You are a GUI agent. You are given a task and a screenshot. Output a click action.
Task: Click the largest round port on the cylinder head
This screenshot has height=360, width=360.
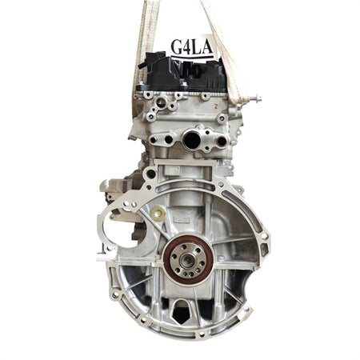point(192,140)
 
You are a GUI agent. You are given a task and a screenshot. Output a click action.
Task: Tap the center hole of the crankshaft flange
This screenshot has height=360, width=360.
point(188,258)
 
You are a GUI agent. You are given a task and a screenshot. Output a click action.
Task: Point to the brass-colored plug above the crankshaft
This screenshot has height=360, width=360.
point(159,213)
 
